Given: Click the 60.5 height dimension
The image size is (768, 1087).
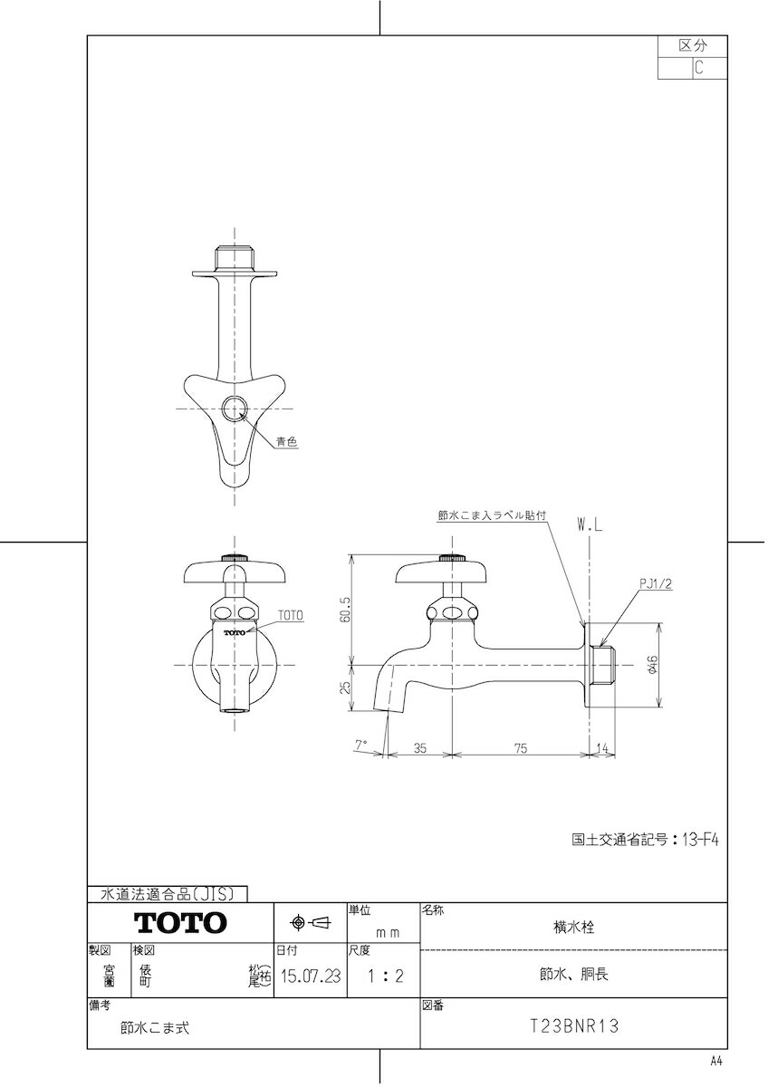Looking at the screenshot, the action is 346,610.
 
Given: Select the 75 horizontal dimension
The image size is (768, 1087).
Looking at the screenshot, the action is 521,748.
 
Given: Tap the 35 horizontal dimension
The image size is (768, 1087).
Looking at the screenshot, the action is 420,748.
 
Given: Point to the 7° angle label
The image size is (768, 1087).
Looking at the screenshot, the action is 361,745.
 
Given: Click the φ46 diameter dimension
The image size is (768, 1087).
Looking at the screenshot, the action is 652,664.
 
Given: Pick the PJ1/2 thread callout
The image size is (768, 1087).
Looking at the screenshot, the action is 656,583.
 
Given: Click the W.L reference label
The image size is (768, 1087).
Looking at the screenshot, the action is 590,525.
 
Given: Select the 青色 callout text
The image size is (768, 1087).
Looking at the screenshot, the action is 286,442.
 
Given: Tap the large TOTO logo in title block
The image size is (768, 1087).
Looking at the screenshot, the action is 180,922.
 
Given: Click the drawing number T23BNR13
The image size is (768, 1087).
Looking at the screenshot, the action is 574,1025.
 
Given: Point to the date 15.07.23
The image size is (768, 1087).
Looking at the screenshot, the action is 311,976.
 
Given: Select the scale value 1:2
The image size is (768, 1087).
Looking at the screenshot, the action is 385,976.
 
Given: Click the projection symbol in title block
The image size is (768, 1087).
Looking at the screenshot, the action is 310,922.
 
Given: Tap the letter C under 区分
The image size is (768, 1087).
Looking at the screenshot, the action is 698,67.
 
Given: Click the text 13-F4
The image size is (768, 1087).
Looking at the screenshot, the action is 701,840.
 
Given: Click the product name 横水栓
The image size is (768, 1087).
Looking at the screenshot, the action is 574,928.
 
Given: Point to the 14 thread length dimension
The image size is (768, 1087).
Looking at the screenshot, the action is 602,748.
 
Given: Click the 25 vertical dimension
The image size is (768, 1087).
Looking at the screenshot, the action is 345,688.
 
